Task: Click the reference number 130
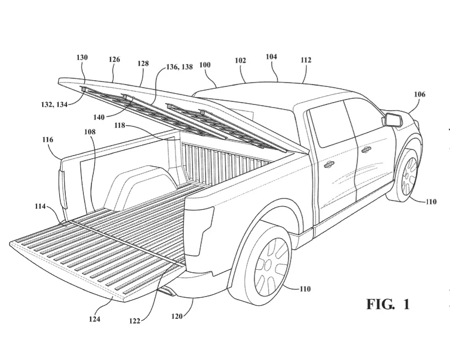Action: click(82, 57)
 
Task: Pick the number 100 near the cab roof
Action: click(204, 65)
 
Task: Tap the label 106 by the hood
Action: click(419, 94)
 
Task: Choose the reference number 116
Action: click(48, 140)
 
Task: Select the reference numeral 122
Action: click(135, 321)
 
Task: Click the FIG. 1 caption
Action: click(388, 304)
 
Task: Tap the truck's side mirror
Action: click(391, 119)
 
